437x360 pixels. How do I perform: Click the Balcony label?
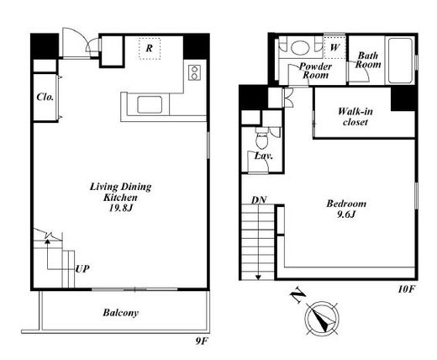[x=120, y=313]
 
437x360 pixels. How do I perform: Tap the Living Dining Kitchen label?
[x=120, y=192]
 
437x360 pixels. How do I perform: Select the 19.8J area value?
[x=120, y=208]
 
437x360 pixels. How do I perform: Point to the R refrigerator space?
[x=150, y=49]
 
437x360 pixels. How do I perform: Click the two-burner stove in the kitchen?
[x=194, y=72]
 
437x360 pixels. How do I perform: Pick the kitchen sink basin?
[x=150, y=104]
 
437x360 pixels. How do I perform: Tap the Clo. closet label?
[x=45, y=97]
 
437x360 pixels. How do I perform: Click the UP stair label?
[x=82, y=269]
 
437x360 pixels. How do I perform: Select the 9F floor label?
[x=202, y=341]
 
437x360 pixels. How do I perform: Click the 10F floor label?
[x=406, y=289]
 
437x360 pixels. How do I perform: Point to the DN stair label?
[x=259, y=200]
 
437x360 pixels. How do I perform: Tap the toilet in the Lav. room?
[x=262, y=139]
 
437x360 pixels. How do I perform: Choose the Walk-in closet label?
[x=355, y=117]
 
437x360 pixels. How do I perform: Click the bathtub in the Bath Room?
[x=400, y=61]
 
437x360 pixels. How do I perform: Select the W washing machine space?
[x=334, y=47]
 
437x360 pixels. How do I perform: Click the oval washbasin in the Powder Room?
[x=300, y=47]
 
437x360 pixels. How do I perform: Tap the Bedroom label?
[x=346, y=204]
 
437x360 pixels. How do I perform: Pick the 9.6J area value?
[x=346, y=214]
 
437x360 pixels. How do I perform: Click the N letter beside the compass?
[x=297, y=295]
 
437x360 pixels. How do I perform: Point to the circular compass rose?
[x=322, y=319]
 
